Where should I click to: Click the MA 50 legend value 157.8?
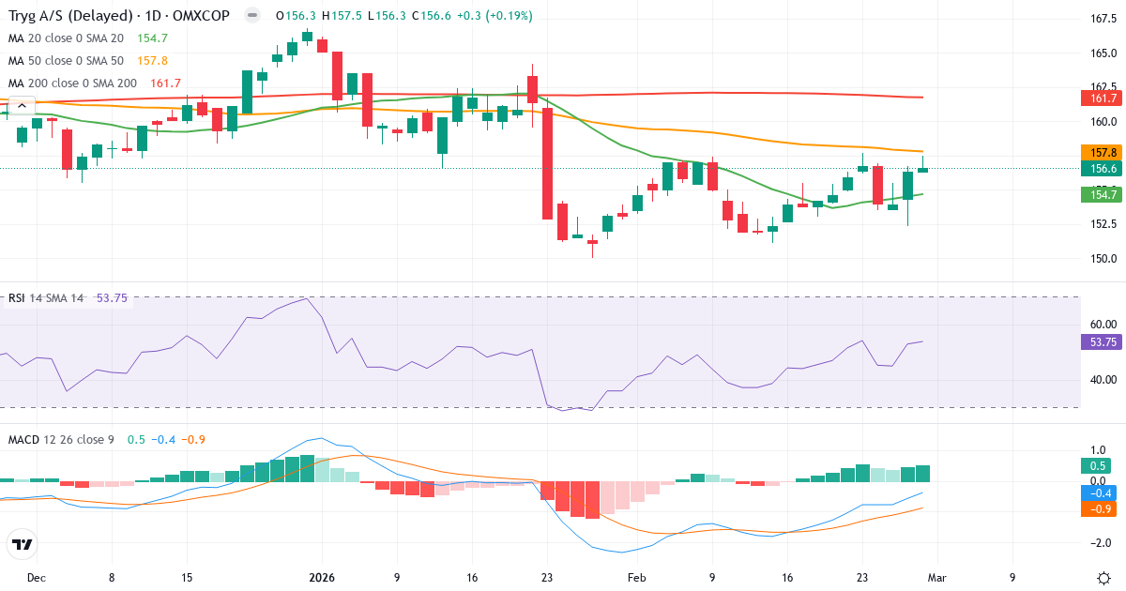(152, 60)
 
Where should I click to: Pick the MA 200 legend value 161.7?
(165, 83)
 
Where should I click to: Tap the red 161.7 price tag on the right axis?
(1103, 98)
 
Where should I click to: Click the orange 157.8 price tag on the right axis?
(1103, 152)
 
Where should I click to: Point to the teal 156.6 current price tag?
(1103, 169)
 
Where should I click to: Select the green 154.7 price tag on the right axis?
(1103, 195)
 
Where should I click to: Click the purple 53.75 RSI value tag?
(1103, 342)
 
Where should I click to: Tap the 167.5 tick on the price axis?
(1102, 19)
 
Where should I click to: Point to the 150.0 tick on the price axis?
(1102, 259)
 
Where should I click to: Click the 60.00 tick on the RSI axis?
(1102, 325)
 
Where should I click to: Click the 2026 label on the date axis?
(322, 578)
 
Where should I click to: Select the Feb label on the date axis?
(637, 578)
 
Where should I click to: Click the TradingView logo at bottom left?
(23, 543)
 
